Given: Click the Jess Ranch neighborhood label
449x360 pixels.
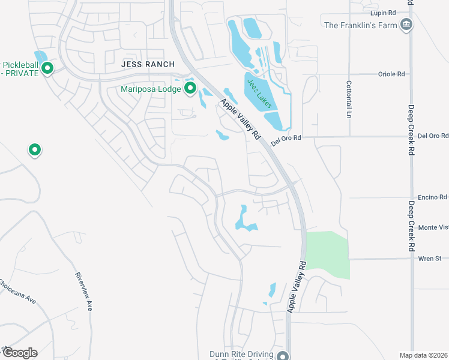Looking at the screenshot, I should click(148, 64).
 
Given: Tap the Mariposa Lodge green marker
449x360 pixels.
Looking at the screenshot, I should click(191, 89).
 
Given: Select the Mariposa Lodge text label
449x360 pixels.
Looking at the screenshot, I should click(151, 90).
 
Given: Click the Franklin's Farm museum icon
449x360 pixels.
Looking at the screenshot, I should click(407, 25).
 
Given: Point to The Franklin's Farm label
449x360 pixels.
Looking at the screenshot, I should click(361, 25).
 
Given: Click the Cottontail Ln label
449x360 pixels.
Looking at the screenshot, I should click(348, 99).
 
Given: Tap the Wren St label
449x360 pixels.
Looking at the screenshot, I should click(430, 259).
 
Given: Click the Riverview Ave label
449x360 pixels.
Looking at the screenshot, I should click(83, 291).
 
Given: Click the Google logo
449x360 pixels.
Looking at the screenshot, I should click(20, 352).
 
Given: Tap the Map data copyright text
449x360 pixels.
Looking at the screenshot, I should click(424, 355).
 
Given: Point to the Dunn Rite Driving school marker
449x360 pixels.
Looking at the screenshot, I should click(283, 355).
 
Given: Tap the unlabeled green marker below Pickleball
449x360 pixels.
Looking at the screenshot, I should click(35, 149).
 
